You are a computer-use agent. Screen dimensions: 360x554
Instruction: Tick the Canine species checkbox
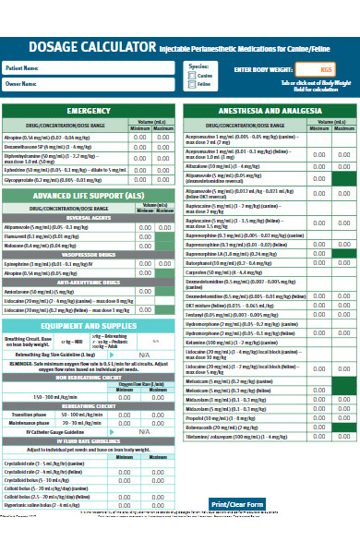click(x=191, y=75)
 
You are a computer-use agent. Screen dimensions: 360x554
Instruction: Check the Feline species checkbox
click(x=191, y=84)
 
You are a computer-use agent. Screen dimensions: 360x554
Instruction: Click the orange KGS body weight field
click(x=325, y=70)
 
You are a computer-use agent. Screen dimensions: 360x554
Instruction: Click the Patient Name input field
click(x=111, y=68)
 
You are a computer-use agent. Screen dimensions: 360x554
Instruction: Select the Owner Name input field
click(x=111, y=84)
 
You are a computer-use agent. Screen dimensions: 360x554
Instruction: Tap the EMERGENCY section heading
click(x=89, y=112)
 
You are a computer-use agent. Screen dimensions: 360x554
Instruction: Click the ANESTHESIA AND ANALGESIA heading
click(x=269, y=112)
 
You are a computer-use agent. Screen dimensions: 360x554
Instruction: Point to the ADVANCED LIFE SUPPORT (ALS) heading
click(x=89, y=197)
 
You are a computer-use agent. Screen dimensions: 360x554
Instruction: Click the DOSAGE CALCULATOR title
click(x=79, y=46)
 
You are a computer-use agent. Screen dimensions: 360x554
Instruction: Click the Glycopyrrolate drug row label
click(x=55, y=181)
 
